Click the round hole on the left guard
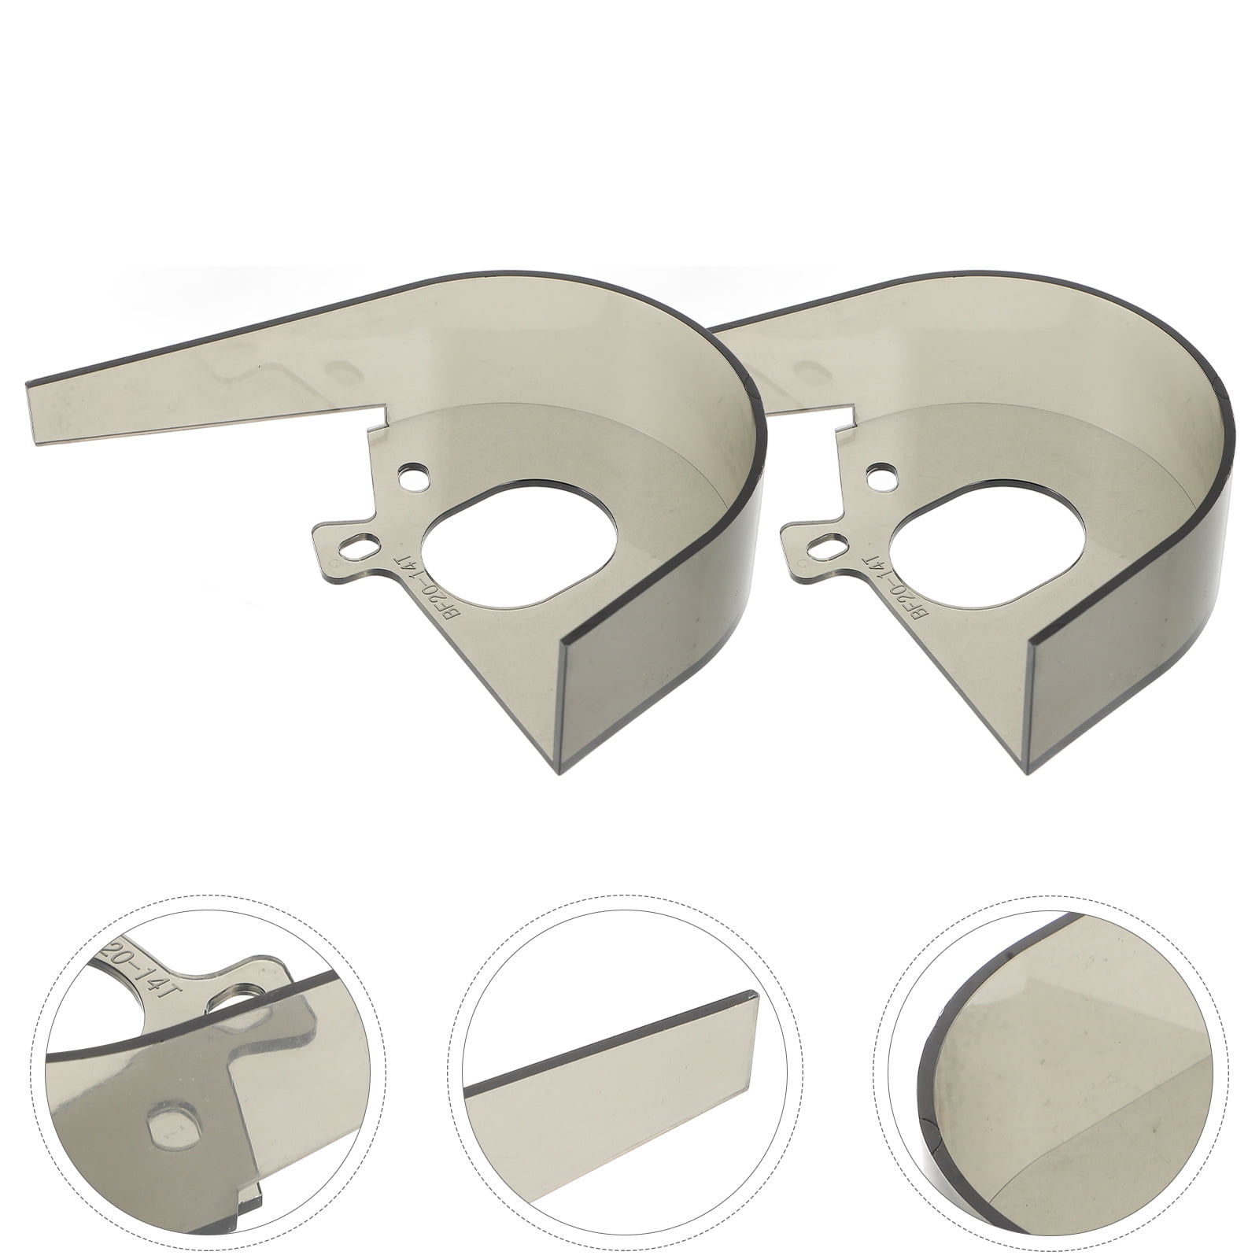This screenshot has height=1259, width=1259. tap(414, 476)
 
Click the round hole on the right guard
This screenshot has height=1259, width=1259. tap(881, 476)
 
